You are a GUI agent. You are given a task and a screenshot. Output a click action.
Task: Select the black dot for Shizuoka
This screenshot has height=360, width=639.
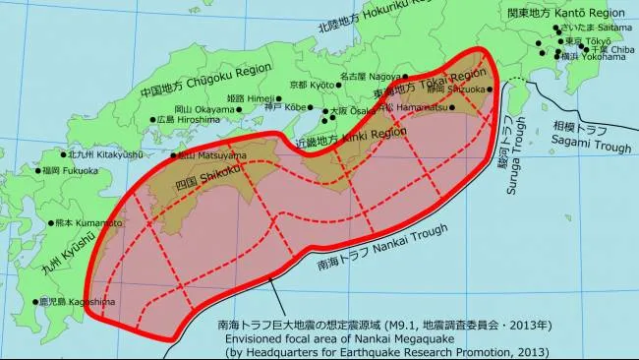490,89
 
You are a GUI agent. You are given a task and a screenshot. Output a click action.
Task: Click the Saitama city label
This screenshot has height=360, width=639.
593,29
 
